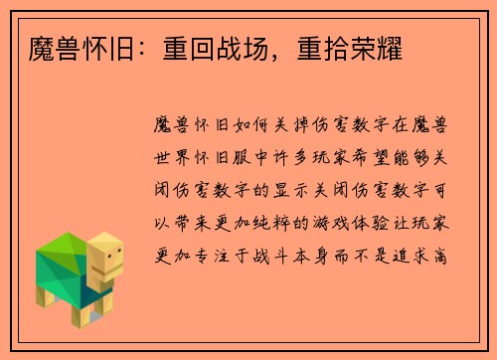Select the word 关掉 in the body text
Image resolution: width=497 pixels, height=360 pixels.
pos(306,125)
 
